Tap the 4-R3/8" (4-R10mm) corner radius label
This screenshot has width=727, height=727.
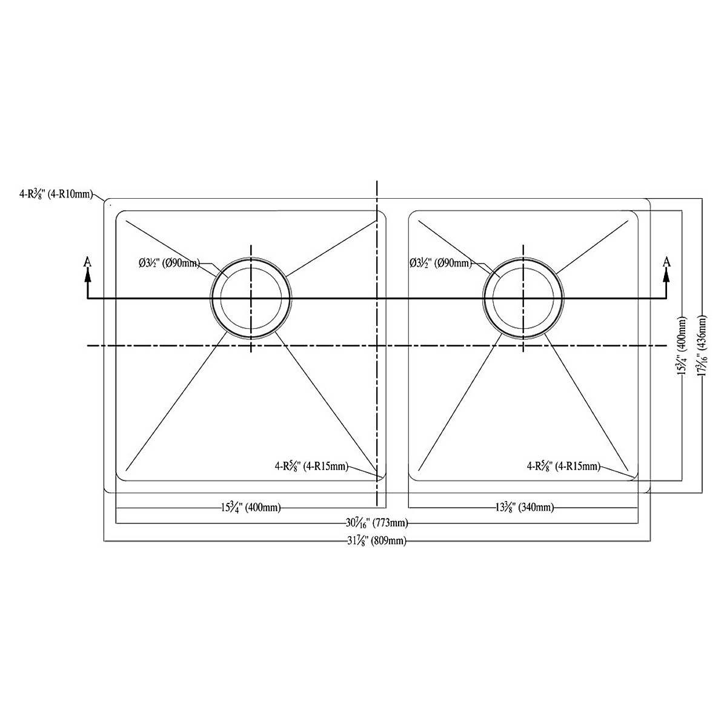point(56,194)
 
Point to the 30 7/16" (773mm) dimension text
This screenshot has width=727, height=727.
point(376,523)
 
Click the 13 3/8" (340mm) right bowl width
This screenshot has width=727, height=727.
point(523,508)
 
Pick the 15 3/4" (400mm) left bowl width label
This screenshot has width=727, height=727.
point(250,508)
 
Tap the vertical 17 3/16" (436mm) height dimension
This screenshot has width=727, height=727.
point(702,345)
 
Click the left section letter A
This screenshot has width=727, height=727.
point(87,262)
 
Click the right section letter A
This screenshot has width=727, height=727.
point(666,262)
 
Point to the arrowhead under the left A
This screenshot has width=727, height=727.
point(87,275)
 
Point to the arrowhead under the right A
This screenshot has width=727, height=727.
point(666,275)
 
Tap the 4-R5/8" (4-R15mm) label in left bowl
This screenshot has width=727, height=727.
point(311,466)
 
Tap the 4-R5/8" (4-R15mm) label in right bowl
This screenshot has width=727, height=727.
point(563,466)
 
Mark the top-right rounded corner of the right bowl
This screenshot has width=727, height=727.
point(632,215)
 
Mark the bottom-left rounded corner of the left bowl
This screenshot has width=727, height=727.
point(120,476)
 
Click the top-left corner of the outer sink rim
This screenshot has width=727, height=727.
point(108,202)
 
